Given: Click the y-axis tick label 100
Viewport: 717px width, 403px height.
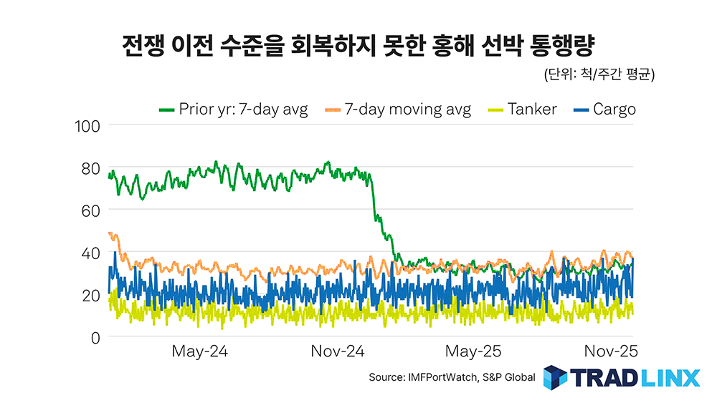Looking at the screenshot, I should pos(87,127).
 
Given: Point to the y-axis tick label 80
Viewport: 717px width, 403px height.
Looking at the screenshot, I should pos(91,169).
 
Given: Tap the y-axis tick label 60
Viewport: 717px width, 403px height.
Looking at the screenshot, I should pos(91,211).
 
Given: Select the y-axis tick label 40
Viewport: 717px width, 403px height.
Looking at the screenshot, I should pos(91,253).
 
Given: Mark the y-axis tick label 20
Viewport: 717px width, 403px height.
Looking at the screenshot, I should pos(91,296).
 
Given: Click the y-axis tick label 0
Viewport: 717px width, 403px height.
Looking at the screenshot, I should pos(95,338).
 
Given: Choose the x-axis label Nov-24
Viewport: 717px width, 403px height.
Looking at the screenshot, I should pos(338,353).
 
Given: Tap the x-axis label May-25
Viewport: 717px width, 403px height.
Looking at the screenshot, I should pos(474,353).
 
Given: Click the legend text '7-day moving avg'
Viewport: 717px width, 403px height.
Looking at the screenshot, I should pos(408,110).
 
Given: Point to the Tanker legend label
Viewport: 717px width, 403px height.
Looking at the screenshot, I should pos(532,110).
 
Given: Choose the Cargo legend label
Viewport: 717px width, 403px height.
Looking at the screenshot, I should pos(614,110).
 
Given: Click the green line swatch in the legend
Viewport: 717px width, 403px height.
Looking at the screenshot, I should pos(167,110).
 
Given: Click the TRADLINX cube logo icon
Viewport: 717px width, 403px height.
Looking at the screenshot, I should pos(555,377).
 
